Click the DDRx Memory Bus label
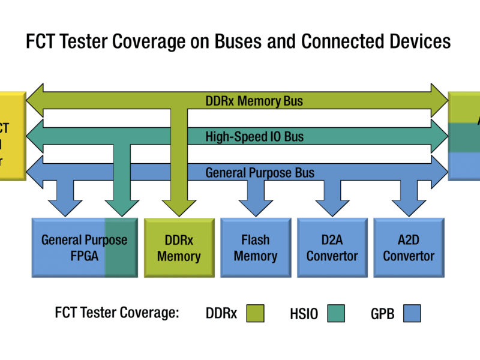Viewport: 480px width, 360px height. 254,101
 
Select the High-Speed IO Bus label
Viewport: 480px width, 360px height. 254,137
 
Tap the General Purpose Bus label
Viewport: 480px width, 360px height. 260,173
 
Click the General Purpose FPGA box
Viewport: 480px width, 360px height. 69,247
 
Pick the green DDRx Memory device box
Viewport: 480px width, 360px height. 179,247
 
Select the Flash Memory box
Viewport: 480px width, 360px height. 256,247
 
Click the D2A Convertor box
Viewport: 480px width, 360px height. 332,247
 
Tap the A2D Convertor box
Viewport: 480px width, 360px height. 409,247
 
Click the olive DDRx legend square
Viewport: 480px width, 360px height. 255,313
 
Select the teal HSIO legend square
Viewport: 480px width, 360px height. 336,313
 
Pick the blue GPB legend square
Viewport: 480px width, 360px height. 412,313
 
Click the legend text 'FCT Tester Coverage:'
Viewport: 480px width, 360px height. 117,313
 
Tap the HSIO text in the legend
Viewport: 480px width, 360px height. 304,313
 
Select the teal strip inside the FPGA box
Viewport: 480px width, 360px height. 120,247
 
